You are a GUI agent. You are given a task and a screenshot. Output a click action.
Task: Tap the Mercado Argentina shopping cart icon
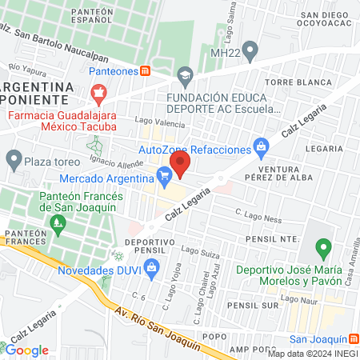pos(165,174)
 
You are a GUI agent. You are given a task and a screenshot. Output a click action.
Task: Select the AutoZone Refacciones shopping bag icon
pos(261,146)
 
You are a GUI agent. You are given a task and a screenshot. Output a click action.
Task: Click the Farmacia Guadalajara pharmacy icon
pos(99,95)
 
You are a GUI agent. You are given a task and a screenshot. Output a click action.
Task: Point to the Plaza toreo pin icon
pos(14,159)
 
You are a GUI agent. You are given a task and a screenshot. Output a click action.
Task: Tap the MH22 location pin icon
pos(250,53)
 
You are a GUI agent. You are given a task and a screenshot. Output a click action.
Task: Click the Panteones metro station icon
pos(145,70)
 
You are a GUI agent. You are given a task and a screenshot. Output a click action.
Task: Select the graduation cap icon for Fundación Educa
pos(186,78)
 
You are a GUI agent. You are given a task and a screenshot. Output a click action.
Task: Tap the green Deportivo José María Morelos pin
pos(322,250)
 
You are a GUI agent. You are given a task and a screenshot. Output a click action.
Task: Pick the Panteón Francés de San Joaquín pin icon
pos(57,226)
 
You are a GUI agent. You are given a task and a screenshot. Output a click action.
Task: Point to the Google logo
pos(27,350)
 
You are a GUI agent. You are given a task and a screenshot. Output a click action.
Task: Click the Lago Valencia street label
pos(165,121)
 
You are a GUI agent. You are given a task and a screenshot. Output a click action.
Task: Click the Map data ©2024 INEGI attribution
pos(311,353)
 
